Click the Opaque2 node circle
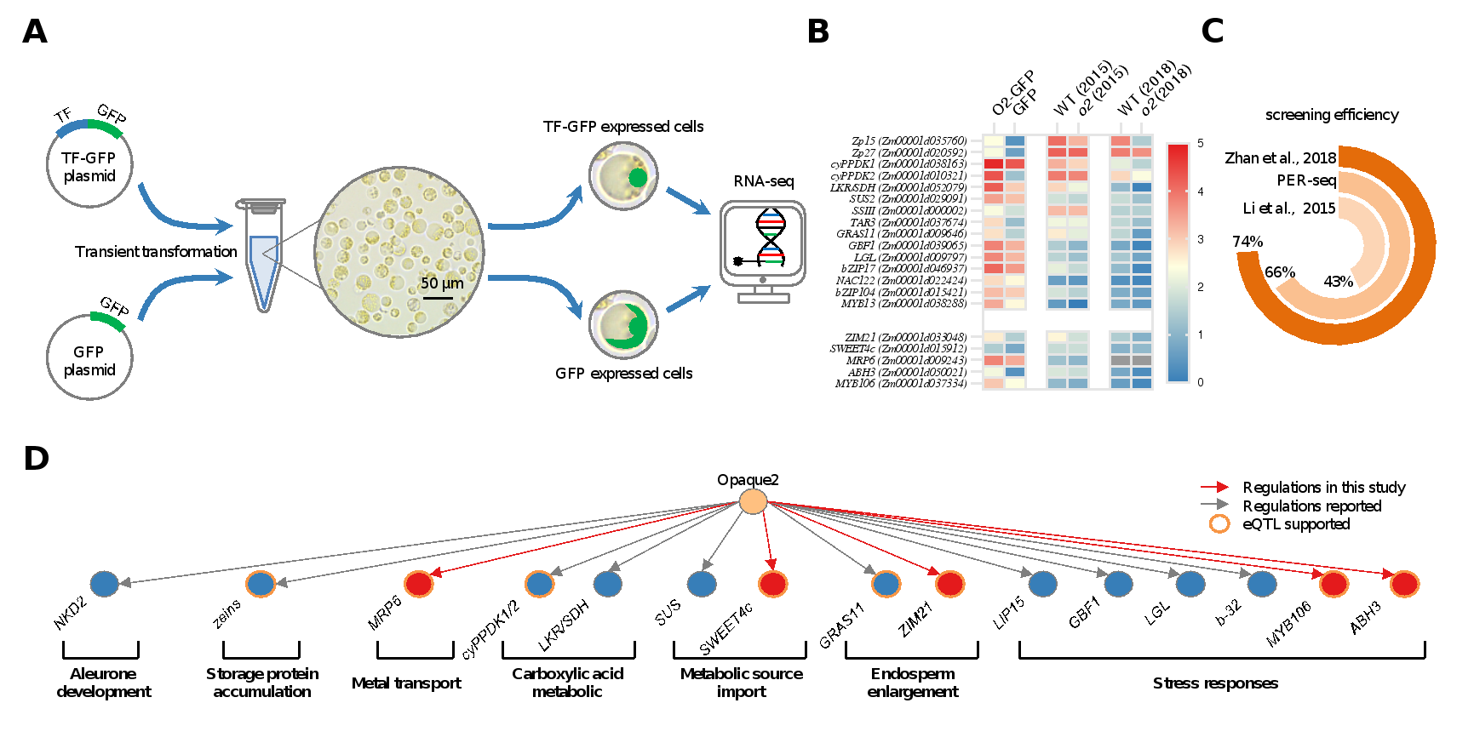click(x=752, y=502)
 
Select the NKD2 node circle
click(x=104, y=584)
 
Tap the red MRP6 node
click(x=418, y=584)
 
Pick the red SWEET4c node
click(x=772, y=584)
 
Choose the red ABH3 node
click(x=1404, y=584)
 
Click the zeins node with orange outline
click(x=261, y=584)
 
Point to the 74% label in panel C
click(x=1247, y=242)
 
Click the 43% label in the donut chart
click(x=1338, y=282)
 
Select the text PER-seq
click(x=1306, y=180)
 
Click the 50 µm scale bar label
click(x=442, y=283)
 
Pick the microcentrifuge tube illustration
click(x=263, y=255)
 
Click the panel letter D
click(x=36, y=459)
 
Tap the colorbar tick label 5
click(x=1201, y=143)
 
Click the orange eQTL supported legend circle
click(x=1219, y=524)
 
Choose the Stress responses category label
click(x=1215, y=683)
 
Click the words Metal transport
click(x=406, y=683)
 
